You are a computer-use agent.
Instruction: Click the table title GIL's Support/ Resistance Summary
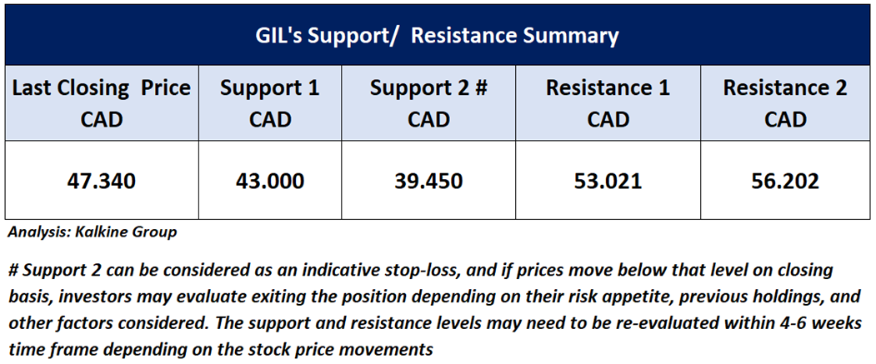coord(438,37)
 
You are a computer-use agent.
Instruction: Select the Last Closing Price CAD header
coord(101,103)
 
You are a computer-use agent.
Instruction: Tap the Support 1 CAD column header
coord(269,103)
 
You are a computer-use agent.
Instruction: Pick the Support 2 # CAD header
coord(428,103)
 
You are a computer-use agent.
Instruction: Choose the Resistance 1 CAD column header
coord(608,103)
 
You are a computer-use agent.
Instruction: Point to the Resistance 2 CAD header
coord(785,103)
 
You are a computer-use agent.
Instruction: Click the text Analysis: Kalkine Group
coord(93,232)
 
